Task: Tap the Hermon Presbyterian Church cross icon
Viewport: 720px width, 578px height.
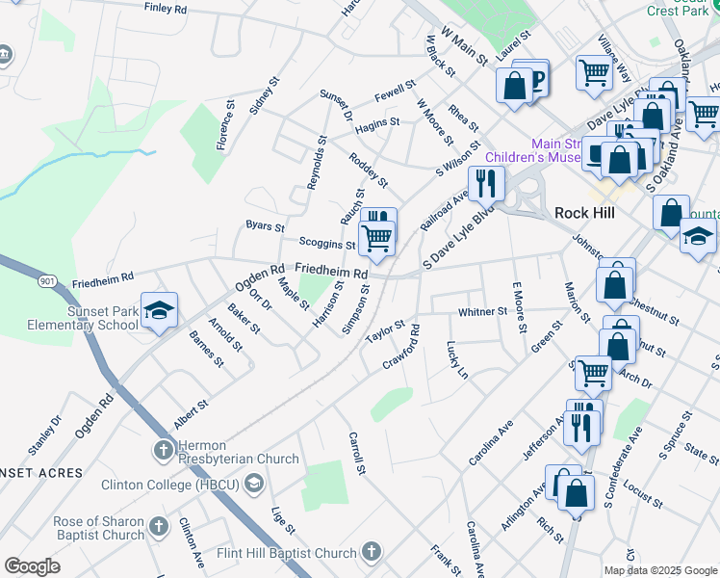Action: click(x=163, y=450)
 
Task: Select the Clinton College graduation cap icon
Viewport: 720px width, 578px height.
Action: click(x=254, y=483)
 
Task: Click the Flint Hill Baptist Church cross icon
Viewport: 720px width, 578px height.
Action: click(x=371, y=553)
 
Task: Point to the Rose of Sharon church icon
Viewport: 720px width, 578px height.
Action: click(x=160, y=528)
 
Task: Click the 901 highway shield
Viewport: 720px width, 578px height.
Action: click(x=48, y=280)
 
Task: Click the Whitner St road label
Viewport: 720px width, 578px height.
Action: click(x=482, y=312)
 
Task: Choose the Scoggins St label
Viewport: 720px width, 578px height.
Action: click(x=327, y=245)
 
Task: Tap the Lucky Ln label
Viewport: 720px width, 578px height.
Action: click(x=457, y=358)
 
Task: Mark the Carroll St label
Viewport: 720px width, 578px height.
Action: click(x=357, y=453)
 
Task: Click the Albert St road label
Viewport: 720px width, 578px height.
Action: click(x=191, y=416)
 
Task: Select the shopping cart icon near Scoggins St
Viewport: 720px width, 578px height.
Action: click(x=376, y=236)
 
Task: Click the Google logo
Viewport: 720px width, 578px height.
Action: click(x=32, y=566)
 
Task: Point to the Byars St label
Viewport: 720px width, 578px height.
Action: click(x=265, y=227)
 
